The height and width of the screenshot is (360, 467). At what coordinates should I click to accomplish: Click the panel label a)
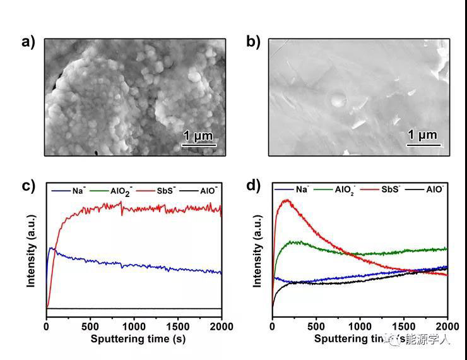[28, 42]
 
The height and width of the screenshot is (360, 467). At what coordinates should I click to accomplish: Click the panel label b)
[252, 42]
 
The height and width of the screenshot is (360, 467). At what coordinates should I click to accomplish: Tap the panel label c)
[28, 186]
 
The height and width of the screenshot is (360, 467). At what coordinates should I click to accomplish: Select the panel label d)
[252, 186]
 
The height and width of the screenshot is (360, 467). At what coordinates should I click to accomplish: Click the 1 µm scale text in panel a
[198, 136]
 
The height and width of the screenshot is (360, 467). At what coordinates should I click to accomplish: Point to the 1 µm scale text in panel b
[422, 135]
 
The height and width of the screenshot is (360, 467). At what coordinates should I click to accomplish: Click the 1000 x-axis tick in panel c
[134, 327]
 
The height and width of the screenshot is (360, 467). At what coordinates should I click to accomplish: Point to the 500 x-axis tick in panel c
[90, 327]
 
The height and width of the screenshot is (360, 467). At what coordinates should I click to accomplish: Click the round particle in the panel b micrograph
[339, 99]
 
